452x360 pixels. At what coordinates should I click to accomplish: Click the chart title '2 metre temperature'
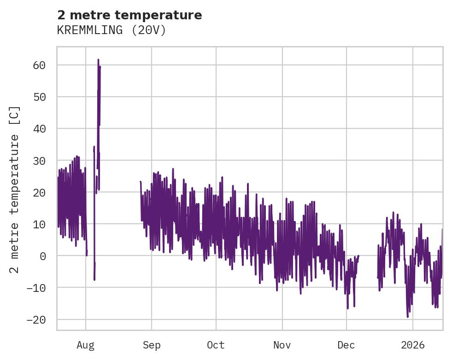pyautogui.click(x=129, y=15)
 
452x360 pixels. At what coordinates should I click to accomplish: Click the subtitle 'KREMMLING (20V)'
pyautogui.click(x=111, y=30)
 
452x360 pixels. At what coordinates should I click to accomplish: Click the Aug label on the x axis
pyautogui.click(x=86, y=345)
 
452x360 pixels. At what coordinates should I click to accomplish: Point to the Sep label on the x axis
pyautogui.click(x=152, y=345)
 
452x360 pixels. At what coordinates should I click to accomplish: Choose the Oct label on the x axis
pyautogui.click(x=216, y=345)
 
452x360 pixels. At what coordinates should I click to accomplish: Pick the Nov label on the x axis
pyautogui.click(x=282, y=345)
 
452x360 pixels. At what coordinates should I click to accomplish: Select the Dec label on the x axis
pyautogui.click(x=346, y=345)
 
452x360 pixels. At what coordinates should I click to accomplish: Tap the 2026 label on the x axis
pyautogui.click(x=413, y=345)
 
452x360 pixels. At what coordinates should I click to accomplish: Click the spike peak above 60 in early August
pyautogui.click(x=98, y=60)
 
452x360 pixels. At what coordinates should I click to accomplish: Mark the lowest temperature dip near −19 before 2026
pyautogui.click(x=408, y=317)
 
